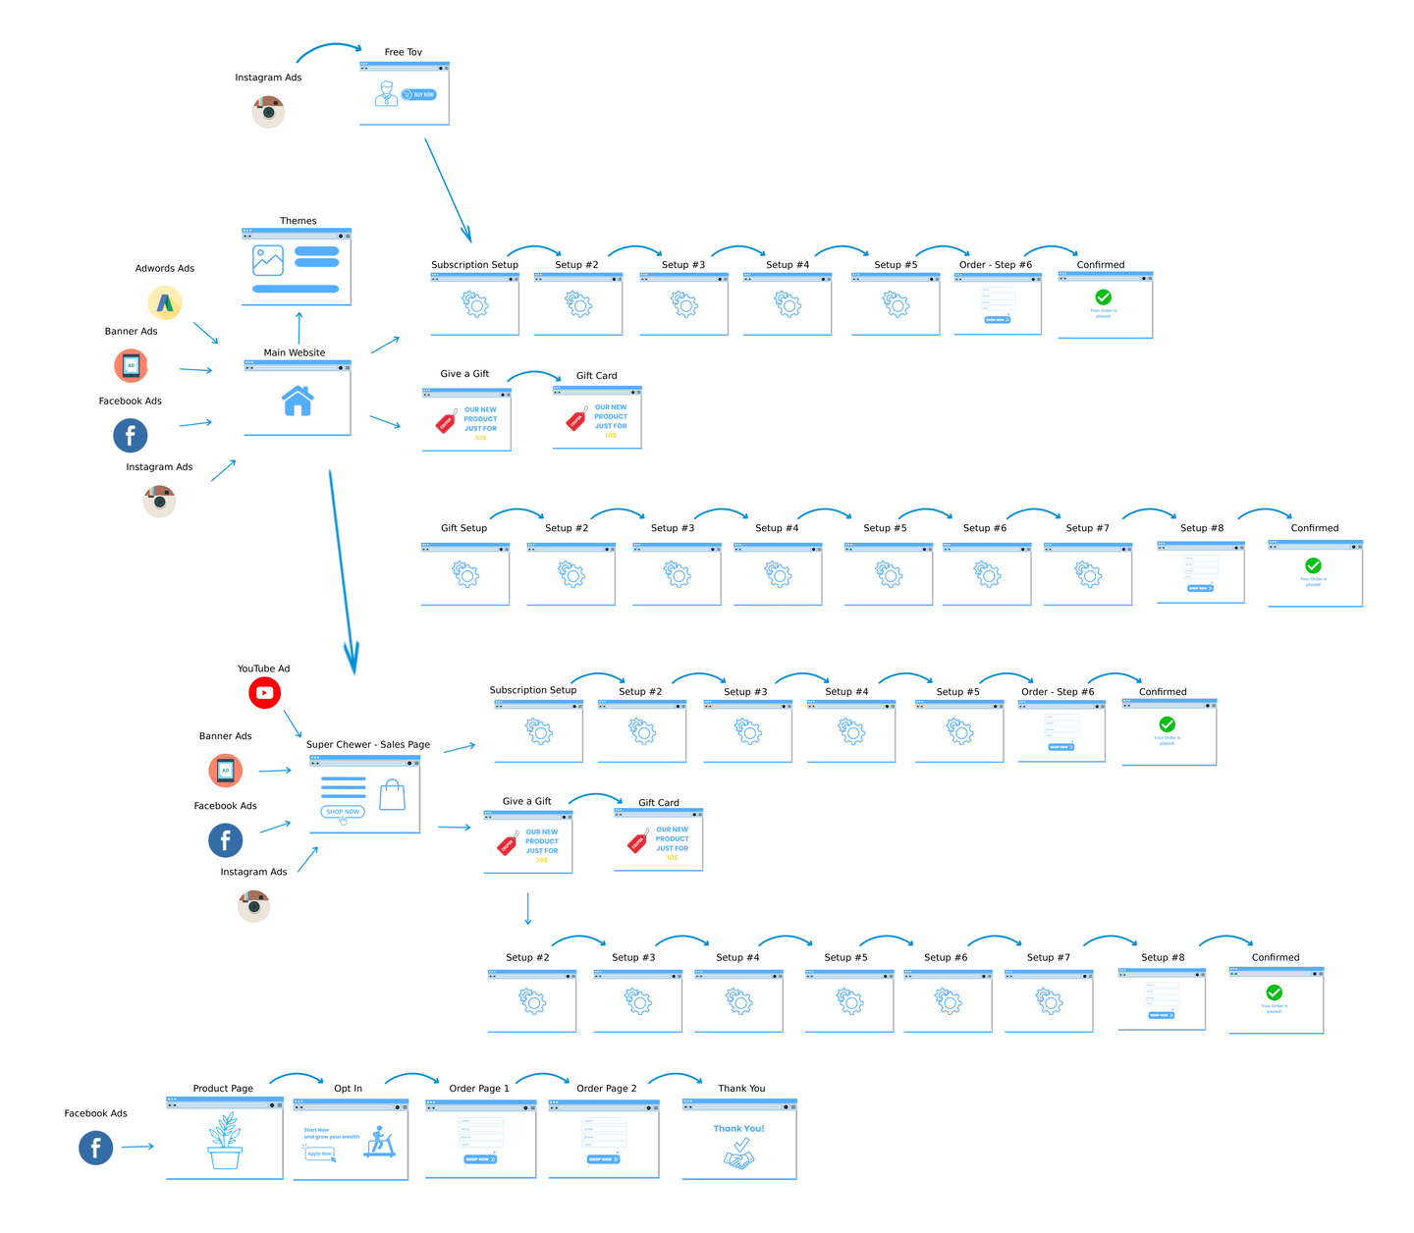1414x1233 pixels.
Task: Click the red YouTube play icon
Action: [264, 692]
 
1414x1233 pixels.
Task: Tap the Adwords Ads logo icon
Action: [165, 302]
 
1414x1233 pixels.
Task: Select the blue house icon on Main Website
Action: [298, 401]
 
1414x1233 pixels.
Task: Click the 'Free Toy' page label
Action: [404, 52]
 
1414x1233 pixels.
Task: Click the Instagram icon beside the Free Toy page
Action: [268, 111]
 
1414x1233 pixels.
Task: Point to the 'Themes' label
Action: [299, 221]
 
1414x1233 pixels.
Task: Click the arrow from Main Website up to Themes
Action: [299, 328]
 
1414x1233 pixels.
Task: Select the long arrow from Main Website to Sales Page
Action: [341, 569]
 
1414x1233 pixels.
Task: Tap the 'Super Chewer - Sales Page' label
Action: [368, 744]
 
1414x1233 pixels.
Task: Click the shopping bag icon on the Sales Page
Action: [393, 795]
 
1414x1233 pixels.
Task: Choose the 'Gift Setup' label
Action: [463, 528]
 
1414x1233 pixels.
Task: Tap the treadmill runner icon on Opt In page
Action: [380, 1142]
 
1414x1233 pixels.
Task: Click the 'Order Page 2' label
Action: [607, 1088]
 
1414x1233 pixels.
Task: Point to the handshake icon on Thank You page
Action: [739, 1155]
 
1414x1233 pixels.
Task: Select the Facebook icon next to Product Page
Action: [95, 1147]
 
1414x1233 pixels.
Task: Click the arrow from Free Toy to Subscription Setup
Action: [448, 189]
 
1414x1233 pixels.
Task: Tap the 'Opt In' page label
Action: [348, 1088]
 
